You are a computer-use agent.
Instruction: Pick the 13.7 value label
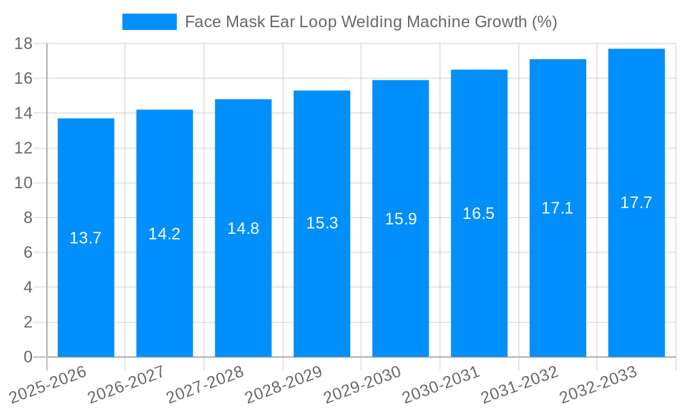86,238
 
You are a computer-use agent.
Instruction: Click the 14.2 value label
165,234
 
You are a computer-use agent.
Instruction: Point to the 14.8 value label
243,228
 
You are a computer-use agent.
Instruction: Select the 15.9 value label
401,219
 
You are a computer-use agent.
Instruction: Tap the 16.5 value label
479,214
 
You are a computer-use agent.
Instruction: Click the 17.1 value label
558,208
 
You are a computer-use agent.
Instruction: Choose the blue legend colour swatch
149,22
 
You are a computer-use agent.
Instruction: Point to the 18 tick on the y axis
24,44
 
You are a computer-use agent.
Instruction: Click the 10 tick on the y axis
24,183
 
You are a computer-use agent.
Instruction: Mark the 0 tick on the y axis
28,357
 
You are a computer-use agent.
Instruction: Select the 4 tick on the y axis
28,288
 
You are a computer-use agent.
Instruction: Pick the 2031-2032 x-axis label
520,384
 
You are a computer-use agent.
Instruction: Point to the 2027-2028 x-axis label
205,384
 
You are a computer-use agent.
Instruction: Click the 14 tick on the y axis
24,113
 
